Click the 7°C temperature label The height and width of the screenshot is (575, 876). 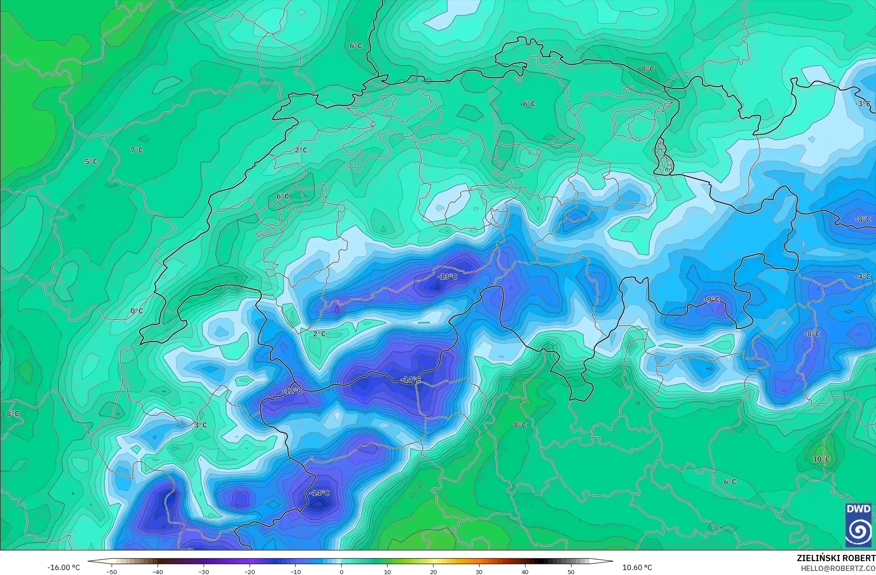[x=137, y=150]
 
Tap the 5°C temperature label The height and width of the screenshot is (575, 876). [x=91, y=162]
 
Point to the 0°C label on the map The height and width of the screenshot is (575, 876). [x=137, y=311]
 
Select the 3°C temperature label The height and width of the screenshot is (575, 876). [x=200, y=425]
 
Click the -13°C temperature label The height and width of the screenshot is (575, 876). [x=447, y=277]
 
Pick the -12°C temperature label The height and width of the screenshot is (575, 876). [x=292, y=391]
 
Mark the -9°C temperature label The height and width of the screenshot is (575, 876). [x=712, y=299]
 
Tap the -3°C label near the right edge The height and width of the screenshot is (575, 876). [x=863, y=104]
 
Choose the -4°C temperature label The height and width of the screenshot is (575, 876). [x=863, y=277]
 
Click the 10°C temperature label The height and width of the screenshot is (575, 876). [x=821, y=459]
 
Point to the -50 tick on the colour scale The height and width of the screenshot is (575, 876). [x=112, y=571]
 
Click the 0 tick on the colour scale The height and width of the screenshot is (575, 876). [x=342, y=571]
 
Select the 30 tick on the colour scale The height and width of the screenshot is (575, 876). [x=479, y=571]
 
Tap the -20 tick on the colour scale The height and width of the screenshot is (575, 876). [x=250, y=571]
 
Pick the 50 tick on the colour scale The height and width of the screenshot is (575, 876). [x=571, y=571]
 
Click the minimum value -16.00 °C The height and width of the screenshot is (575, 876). [x=64, y=568]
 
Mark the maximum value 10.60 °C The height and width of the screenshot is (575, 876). [x=637, y=568]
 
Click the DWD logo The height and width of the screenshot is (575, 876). [x=858, y=525]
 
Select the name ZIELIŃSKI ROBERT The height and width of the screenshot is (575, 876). [x=836, y=558]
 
